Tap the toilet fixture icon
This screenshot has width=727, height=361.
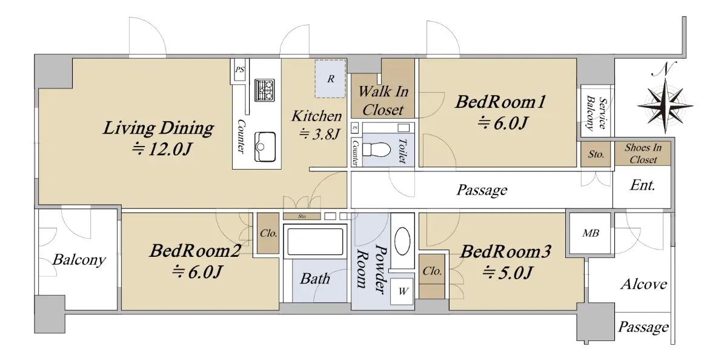click(x=376, y=150)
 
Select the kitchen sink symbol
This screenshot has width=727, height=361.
click(x=265, y=147)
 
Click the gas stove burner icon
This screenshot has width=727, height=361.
click(x=265, y=90)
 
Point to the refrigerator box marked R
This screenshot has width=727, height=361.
click(x=330, y=79)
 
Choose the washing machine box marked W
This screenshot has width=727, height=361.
click(x=402, y=291)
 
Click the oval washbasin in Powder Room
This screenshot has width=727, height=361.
click(x=402, y=241)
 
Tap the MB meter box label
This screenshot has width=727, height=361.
click(x=590, y=233)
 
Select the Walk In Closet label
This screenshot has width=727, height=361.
click(x=383, y=101)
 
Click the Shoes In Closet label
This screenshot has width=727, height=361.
click(x=643, y=153)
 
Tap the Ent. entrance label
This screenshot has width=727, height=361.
click(x=642, y=185)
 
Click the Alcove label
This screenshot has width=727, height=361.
click(x=644, y=285)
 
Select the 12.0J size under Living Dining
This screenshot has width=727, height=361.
click(x=162, y=150)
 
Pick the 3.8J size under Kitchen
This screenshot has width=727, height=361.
click(x=319, y=134)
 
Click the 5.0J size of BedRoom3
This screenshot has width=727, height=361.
click(x=507, y=273)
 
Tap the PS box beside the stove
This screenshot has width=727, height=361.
click(x=240, y=70)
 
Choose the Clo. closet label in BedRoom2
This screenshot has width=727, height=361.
click(x=268, y=233)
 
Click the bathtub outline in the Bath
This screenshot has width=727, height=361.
click(x=315, y=242)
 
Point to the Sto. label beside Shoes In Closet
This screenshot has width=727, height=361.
click(x=596, y=154)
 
